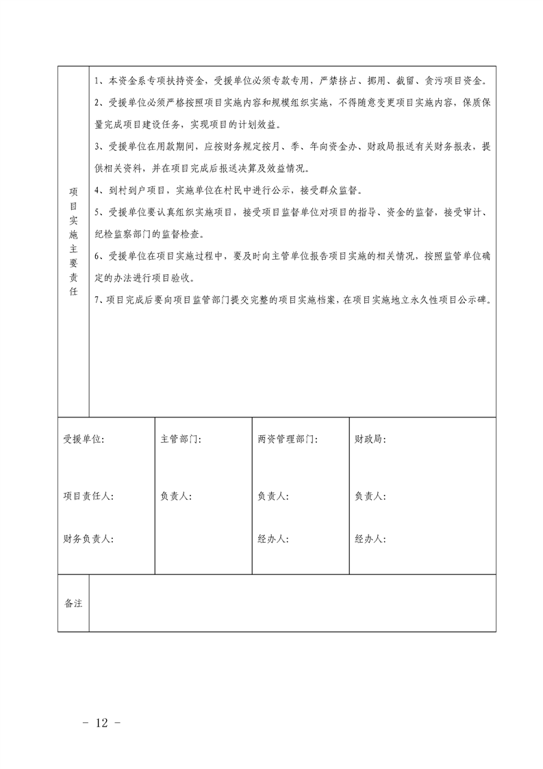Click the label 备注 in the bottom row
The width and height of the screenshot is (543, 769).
(x=73, y=604)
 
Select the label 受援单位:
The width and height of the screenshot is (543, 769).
(x=84, y=439)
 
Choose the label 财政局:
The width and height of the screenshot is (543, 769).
(x=370, y=439)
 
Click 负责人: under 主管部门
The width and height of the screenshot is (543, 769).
(x=175, y=496)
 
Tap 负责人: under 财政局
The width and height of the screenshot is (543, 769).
(x=370, y=496)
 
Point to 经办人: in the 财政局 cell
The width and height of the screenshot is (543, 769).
(x=370, y=539)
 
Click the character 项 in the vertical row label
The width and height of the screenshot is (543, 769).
(x=73, y=191)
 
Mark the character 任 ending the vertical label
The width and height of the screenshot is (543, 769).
(x=73, y=291)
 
